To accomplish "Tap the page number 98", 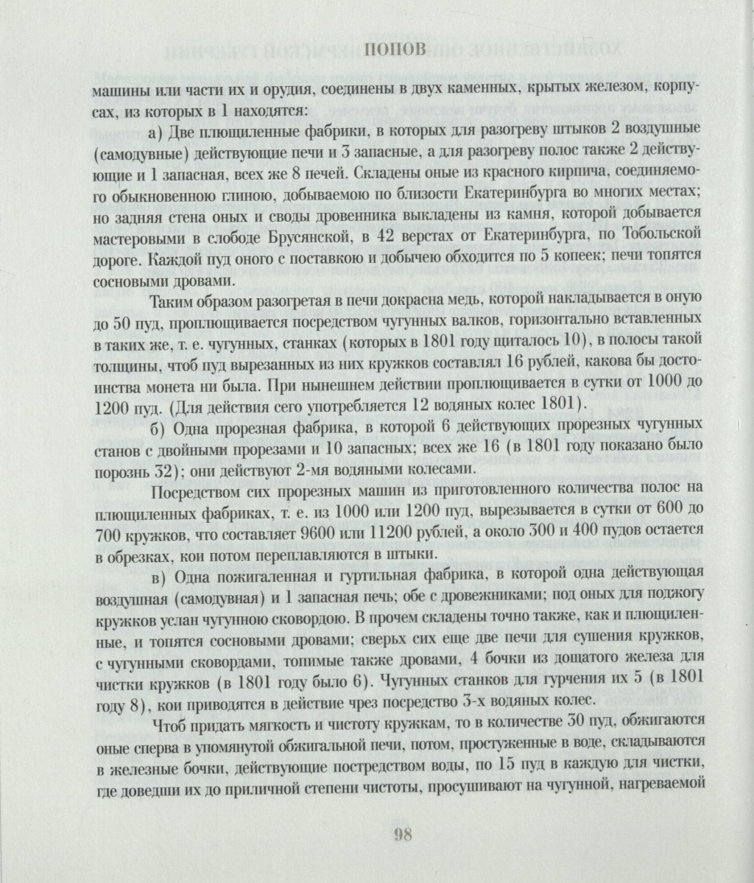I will tap(402, 833).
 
